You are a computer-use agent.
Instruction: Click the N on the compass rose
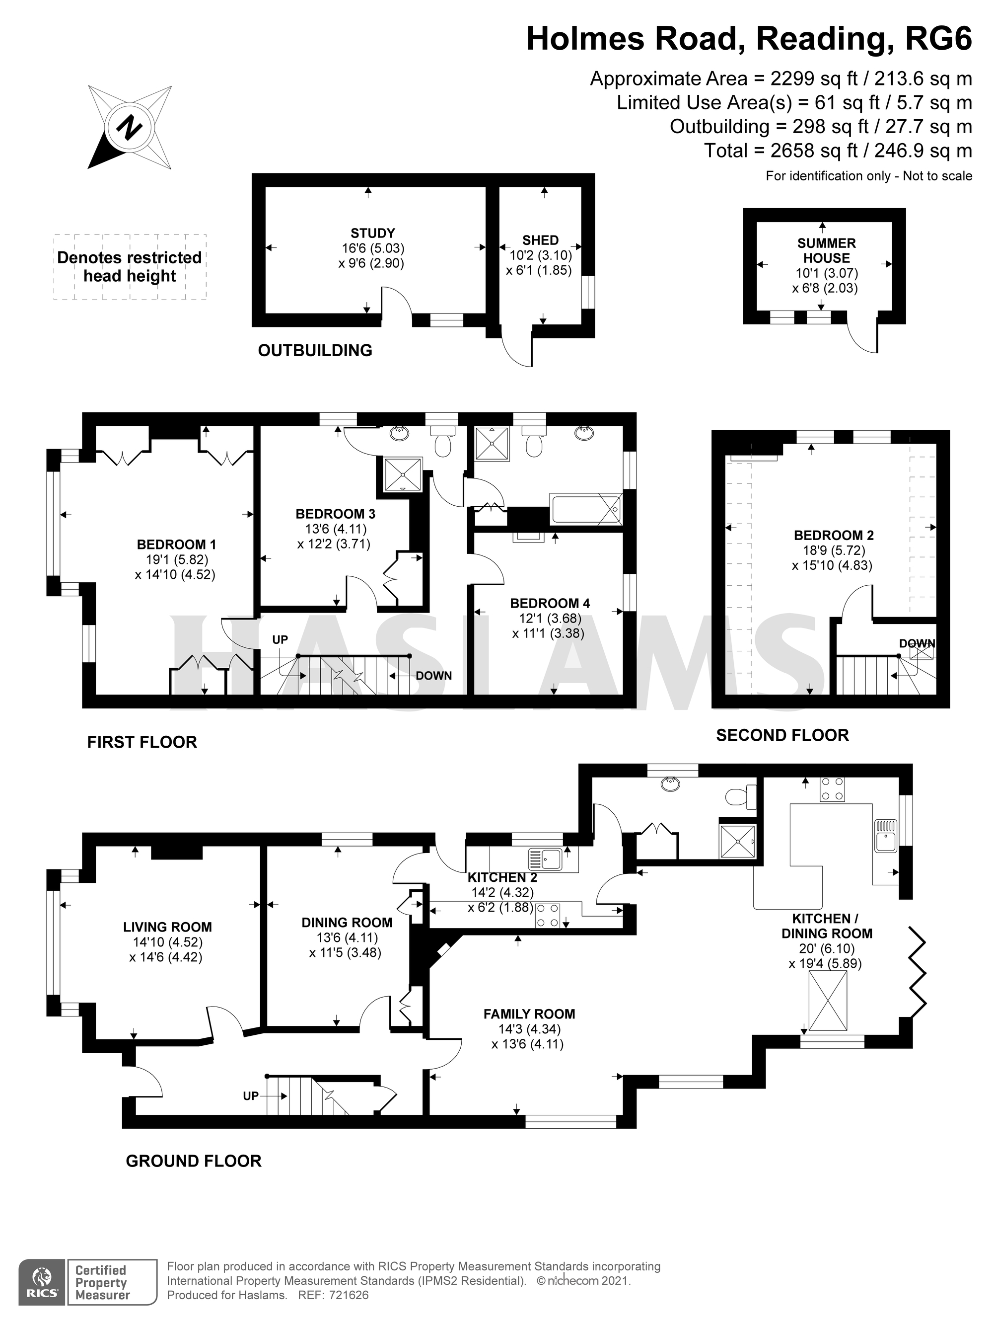coord(130,128)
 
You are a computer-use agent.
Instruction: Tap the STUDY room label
coord(372,233)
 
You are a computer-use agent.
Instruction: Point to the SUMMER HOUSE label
coord(826,250)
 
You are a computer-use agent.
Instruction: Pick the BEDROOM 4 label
coord(550,603)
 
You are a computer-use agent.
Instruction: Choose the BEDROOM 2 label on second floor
coord(833,536)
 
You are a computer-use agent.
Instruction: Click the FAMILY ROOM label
coord(529,1014)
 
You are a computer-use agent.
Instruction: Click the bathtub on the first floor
coord(586,509)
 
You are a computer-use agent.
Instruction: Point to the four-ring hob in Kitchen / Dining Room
coord(832,789)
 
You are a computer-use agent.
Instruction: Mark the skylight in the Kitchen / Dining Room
coord(828,1001)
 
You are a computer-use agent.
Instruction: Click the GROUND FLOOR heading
coord(193,1161)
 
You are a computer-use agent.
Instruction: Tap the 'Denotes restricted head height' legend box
coord(130,267)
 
